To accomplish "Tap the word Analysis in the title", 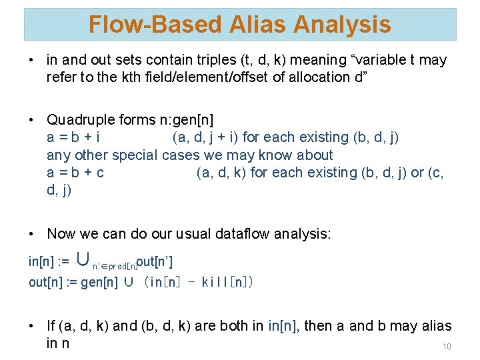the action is point(343,25).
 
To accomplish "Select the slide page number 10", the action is point(447,347).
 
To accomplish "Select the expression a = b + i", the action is point(73,137).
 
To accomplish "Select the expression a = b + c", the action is point(75,173).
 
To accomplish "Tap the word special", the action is point(135,155).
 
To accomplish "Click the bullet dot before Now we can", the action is point(32,234).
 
